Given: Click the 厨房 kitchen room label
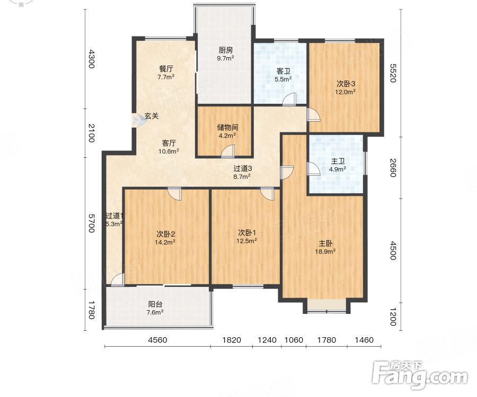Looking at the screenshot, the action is click(225, 50).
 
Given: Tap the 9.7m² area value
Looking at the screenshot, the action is click(225, 58).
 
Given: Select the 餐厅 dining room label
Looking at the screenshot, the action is click(166, 69).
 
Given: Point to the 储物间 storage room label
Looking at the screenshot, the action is click(227, 127).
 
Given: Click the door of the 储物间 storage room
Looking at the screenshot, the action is click(228, 151).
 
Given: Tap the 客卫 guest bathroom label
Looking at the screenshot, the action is click(283, 71).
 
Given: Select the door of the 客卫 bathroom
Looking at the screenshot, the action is click(289, 100).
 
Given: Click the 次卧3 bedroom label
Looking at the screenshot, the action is click(346, 84).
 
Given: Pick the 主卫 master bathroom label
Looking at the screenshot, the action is click(338, 161).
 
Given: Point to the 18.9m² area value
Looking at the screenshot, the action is click(325, 251).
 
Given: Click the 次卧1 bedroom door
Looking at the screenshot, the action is click(268, 194).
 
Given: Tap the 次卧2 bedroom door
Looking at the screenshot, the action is click(174, 194).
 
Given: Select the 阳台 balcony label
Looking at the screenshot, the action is click(155, 304).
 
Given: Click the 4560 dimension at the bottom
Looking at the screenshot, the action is click(157, 340).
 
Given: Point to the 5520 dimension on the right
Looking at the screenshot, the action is click(393, 73).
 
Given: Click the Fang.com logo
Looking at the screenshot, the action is click(420, 375).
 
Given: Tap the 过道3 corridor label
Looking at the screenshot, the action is click(242, 168).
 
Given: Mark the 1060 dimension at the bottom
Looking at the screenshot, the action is click(294, 340).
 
